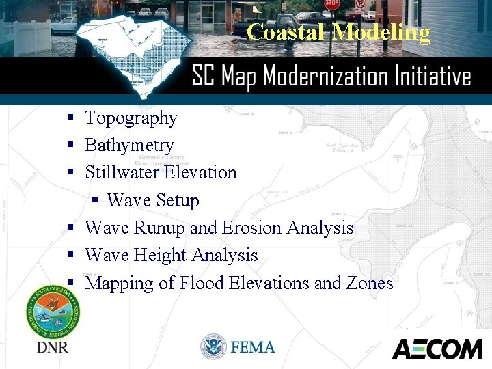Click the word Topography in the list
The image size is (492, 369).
[131, 118]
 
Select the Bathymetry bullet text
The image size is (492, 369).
[129, 146]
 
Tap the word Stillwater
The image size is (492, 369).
[121, 172]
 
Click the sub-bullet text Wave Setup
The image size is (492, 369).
[153, 200]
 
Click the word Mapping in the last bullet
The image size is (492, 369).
[120, 283]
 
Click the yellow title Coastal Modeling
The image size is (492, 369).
[339, 32]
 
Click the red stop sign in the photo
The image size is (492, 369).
[331, 4]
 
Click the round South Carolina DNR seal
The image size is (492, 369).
[53, 312]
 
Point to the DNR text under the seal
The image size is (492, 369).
[52, 348]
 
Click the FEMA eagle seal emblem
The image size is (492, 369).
[213, 347]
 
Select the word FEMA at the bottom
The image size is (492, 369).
[253, 347]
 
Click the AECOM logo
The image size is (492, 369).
[437, 348]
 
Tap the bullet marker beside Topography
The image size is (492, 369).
[70, 118]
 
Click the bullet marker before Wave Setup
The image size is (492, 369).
[96, 200]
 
